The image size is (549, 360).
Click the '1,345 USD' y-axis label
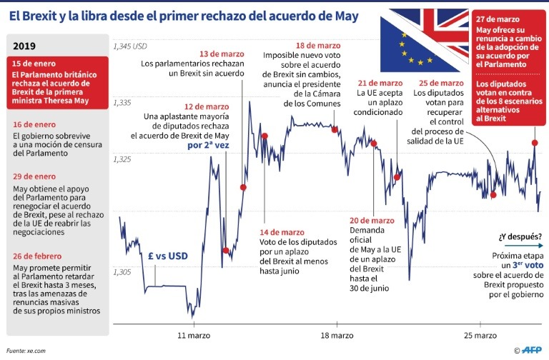pos(129,47)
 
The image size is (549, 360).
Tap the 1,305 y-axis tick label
pos(122,272)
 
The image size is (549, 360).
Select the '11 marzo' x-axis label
pos(192,335)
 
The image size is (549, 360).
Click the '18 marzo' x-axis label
pos(337,335)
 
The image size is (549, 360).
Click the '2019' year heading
pos(25,46)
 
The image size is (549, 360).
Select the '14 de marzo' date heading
pos(282,232)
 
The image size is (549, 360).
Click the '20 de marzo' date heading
pos(372,221)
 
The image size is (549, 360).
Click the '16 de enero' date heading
pos(34,123)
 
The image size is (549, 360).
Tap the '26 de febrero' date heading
pos(38,256)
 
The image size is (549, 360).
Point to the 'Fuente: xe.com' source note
pos(26,350)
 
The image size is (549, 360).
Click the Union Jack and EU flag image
pos(423,39)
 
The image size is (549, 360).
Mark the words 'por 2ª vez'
pos(212,145)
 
